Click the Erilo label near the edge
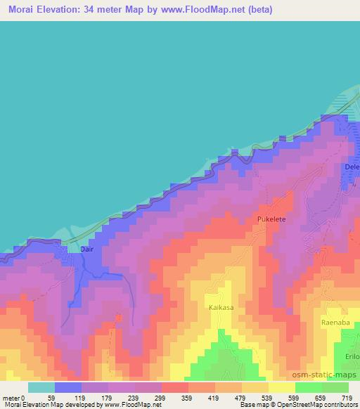click(x=352, y=356)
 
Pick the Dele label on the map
click(x=352, y=167)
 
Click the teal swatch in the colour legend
click(x=41, y=387)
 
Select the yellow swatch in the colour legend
click(x=282, y=387)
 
